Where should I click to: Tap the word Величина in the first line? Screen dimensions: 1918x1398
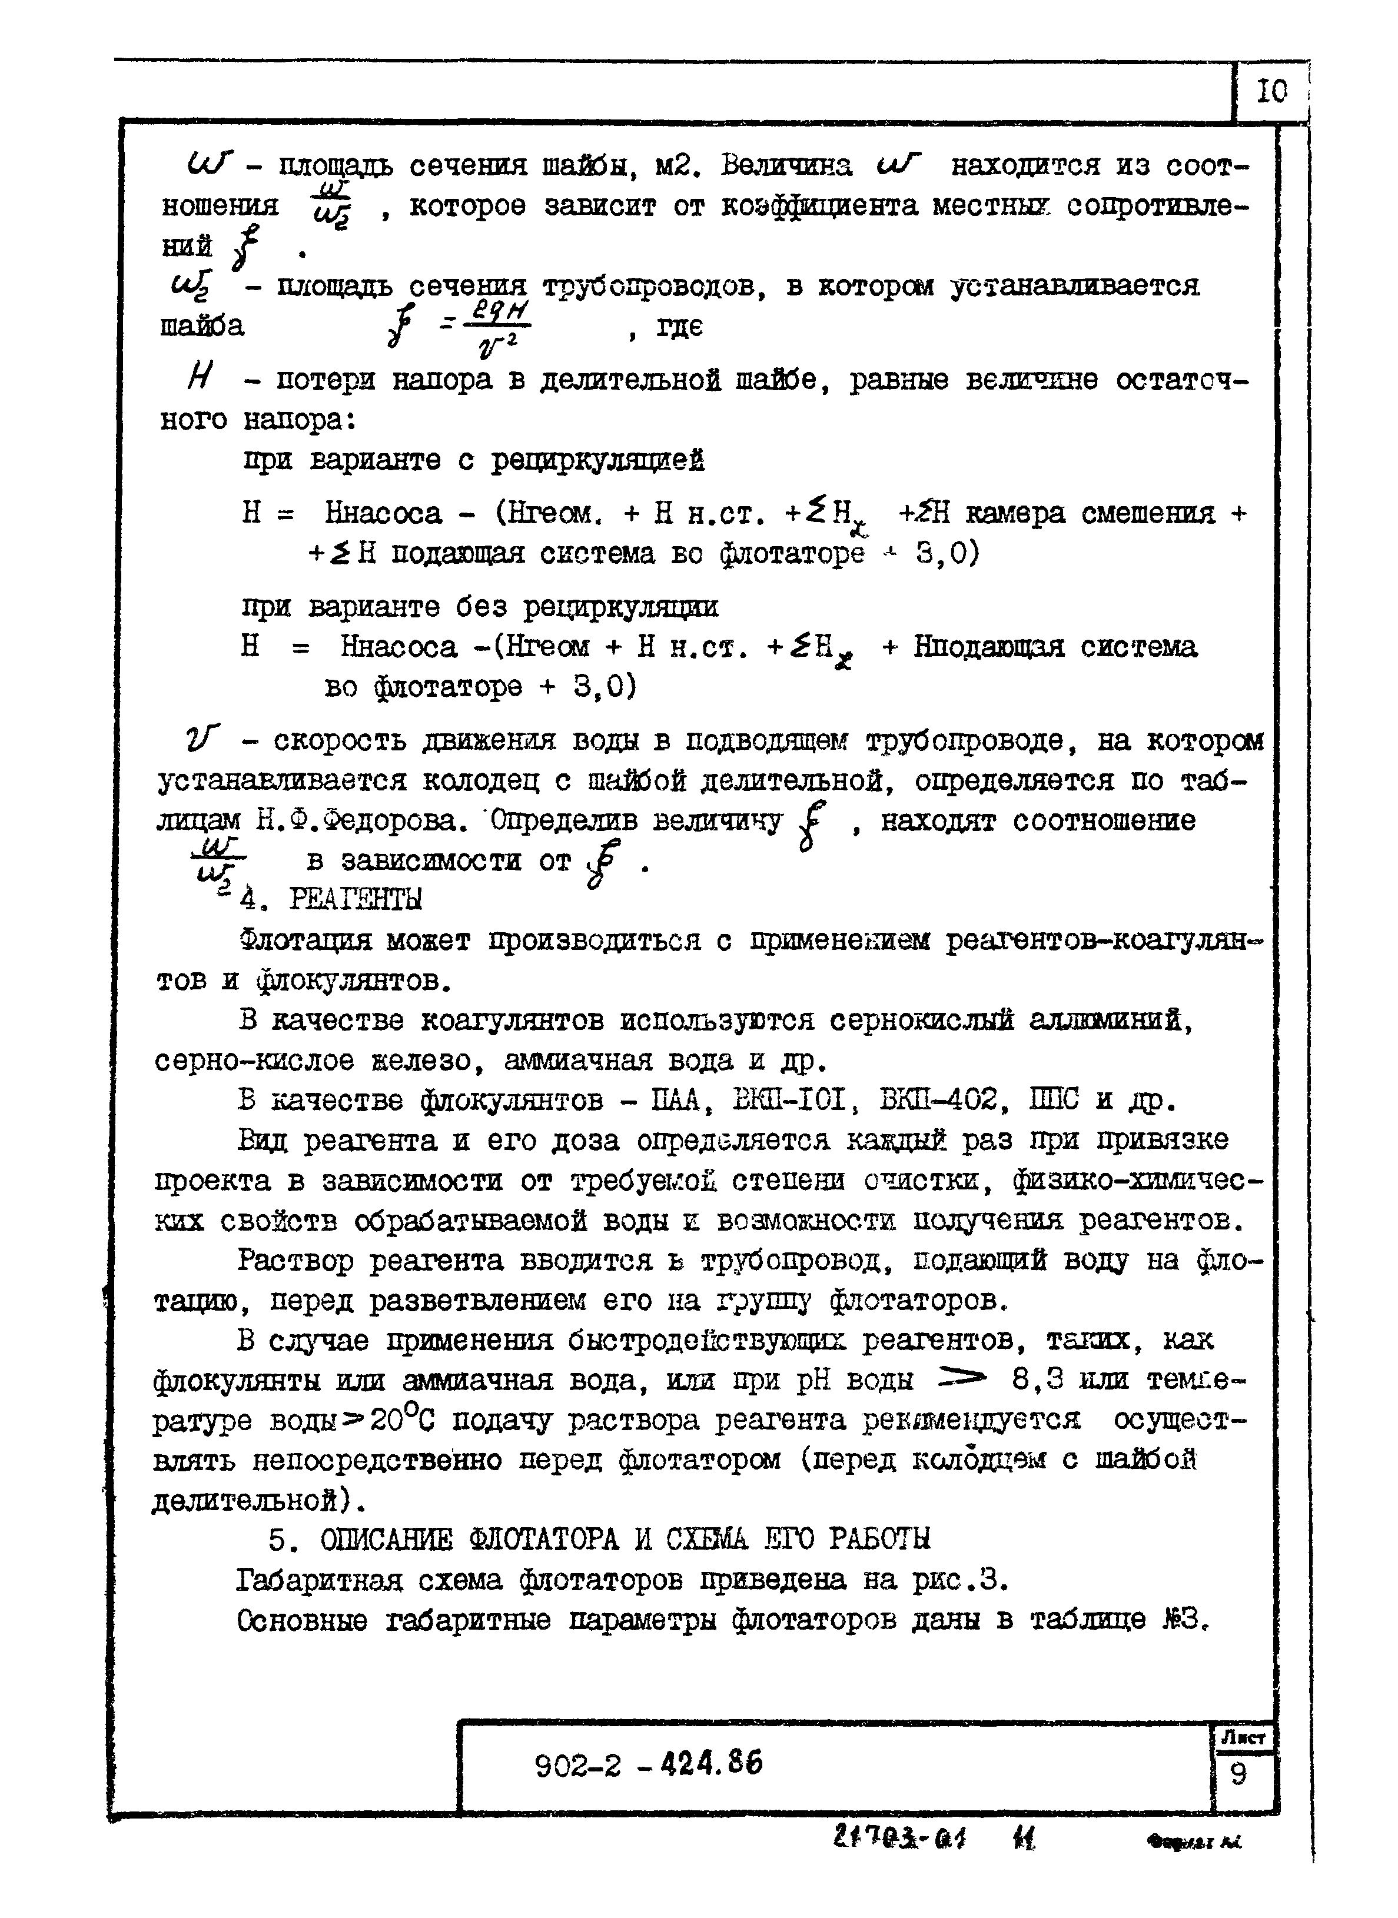(x=787, y=166)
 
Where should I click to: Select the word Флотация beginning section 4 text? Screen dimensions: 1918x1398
(x=306, y=940)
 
